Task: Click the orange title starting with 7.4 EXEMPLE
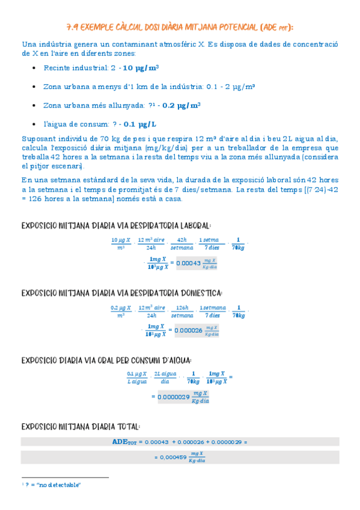click(180, 27)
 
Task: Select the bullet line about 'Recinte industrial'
click(101, 67)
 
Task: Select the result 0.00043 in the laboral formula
click(187, 263)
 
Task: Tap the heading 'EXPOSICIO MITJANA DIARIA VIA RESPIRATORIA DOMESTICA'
click(121, 293)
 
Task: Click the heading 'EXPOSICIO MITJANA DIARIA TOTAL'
click(81, 426)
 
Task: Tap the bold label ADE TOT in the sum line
click(125, 441)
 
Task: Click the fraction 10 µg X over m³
click(121, 244)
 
